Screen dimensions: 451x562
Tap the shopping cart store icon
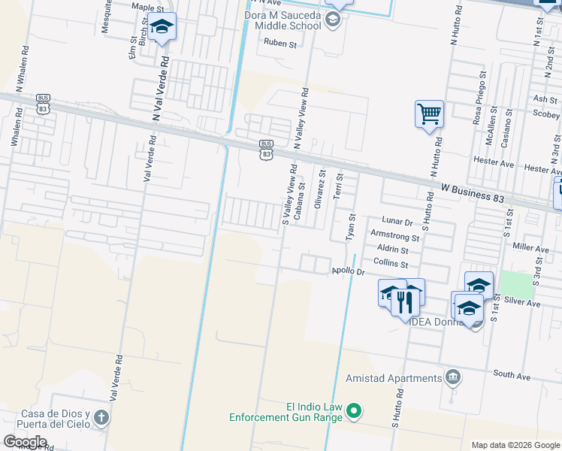coord(429,114)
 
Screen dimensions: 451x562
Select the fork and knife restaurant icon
coord(405,301)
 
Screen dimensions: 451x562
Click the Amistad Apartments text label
coord(393,378)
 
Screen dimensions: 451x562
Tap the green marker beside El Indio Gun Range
coord(355,410)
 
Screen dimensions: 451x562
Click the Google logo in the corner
coord(25,442)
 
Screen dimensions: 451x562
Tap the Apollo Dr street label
coord(348,271)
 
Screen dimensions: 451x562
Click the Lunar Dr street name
coord(398,222)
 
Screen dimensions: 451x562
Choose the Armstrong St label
coord(394,236)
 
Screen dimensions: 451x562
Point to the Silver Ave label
coord(523,302)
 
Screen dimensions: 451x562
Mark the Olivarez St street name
coord(321,187)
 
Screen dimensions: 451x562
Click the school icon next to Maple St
coord(162,28)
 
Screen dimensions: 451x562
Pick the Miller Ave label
coord(531,247)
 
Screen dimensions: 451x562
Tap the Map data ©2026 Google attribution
coord(515,444)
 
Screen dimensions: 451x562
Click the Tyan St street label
coord(350,227)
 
